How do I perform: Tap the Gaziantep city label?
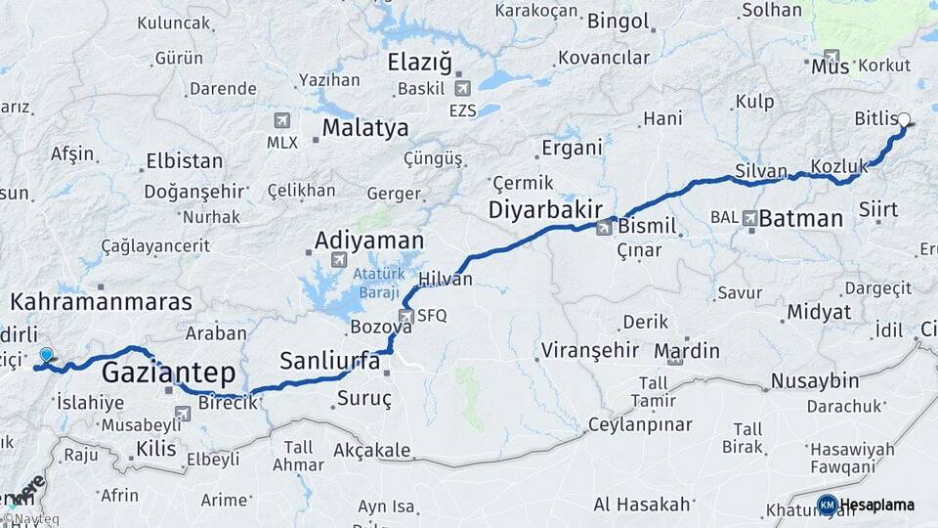(168, 372)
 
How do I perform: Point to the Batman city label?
(800, 218)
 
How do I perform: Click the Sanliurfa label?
(329, 361)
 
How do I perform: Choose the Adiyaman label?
(369, 240)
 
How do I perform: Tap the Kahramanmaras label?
(102, 301)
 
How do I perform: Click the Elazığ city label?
(420, 64)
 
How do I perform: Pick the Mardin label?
(687, 351)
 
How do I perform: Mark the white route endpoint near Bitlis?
(904, 120)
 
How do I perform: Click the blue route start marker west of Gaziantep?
(46, 356)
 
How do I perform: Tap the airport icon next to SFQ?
(406, 315)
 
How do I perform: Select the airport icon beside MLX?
(282, 120)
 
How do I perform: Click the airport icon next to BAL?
(749, 218)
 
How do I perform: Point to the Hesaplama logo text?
(877, 505)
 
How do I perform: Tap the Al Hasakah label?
(642, 505)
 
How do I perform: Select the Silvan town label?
(760, 172)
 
